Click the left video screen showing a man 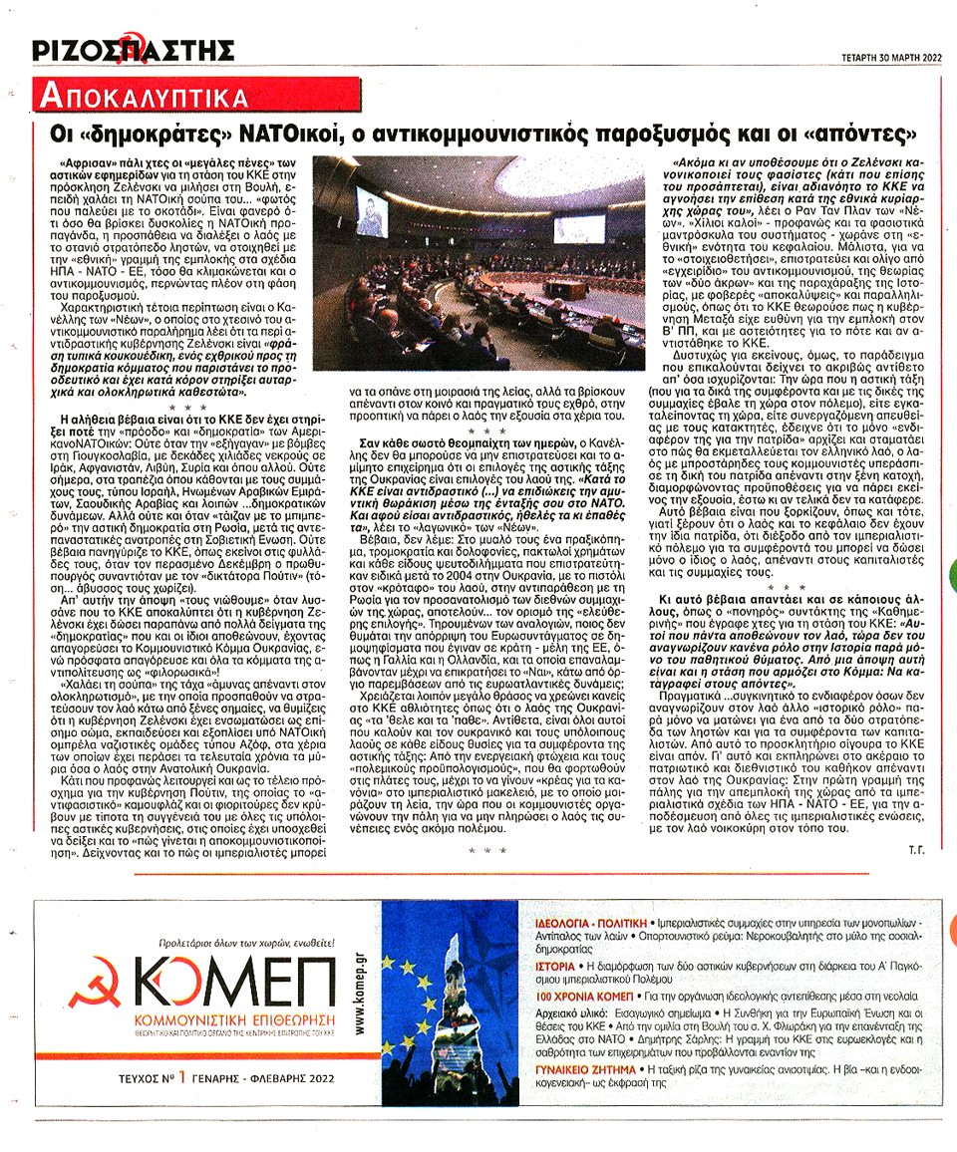tap(371, 212)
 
